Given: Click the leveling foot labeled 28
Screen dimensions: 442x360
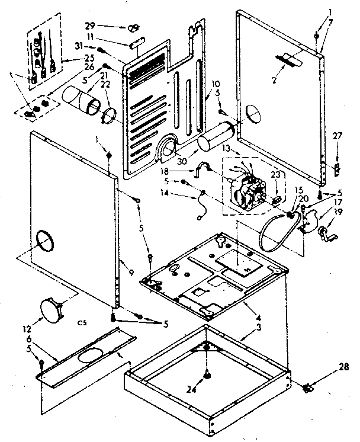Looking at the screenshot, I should click(308, 388).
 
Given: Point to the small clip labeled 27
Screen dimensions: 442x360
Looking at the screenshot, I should click(335, 169).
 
